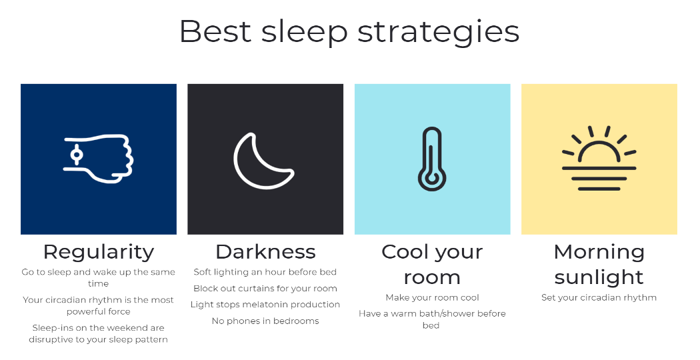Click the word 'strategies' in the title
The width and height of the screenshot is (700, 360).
tap(439, 32)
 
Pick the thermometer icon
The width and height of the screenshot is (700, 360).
tap(432, 159)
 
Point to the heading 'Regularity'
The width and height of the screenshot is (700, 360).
tap(99, 252)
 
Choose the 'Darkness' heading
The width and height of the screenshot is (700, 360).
tap(265, 252)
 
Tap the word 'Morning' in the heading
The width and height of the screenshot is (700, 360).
tap(599, 253)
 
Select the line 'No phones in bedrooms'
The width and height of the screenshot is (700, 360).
tap(265, 321)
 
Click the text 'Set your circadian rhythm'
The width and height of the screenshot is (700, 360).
tap(599, 297)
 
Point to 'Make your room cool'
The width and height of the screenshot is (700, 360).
tap(432, 297)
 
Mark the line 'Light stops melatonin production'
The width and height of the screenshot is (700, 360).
tap(265, 305)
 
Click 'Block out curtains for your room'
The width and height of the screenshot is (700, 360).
tap(265, 289)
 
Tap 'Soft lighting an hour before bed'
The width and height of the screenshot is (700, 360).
tap(265, 272)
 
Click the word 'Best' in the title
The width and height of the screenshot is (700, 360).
tap(215, 31)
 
